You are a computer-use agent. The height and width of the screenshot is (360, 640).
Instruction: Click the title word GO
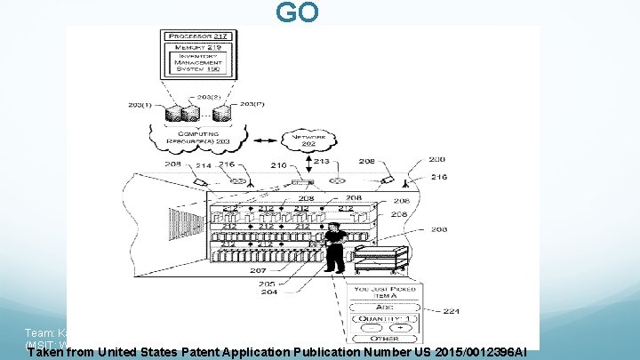point(296,14)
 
